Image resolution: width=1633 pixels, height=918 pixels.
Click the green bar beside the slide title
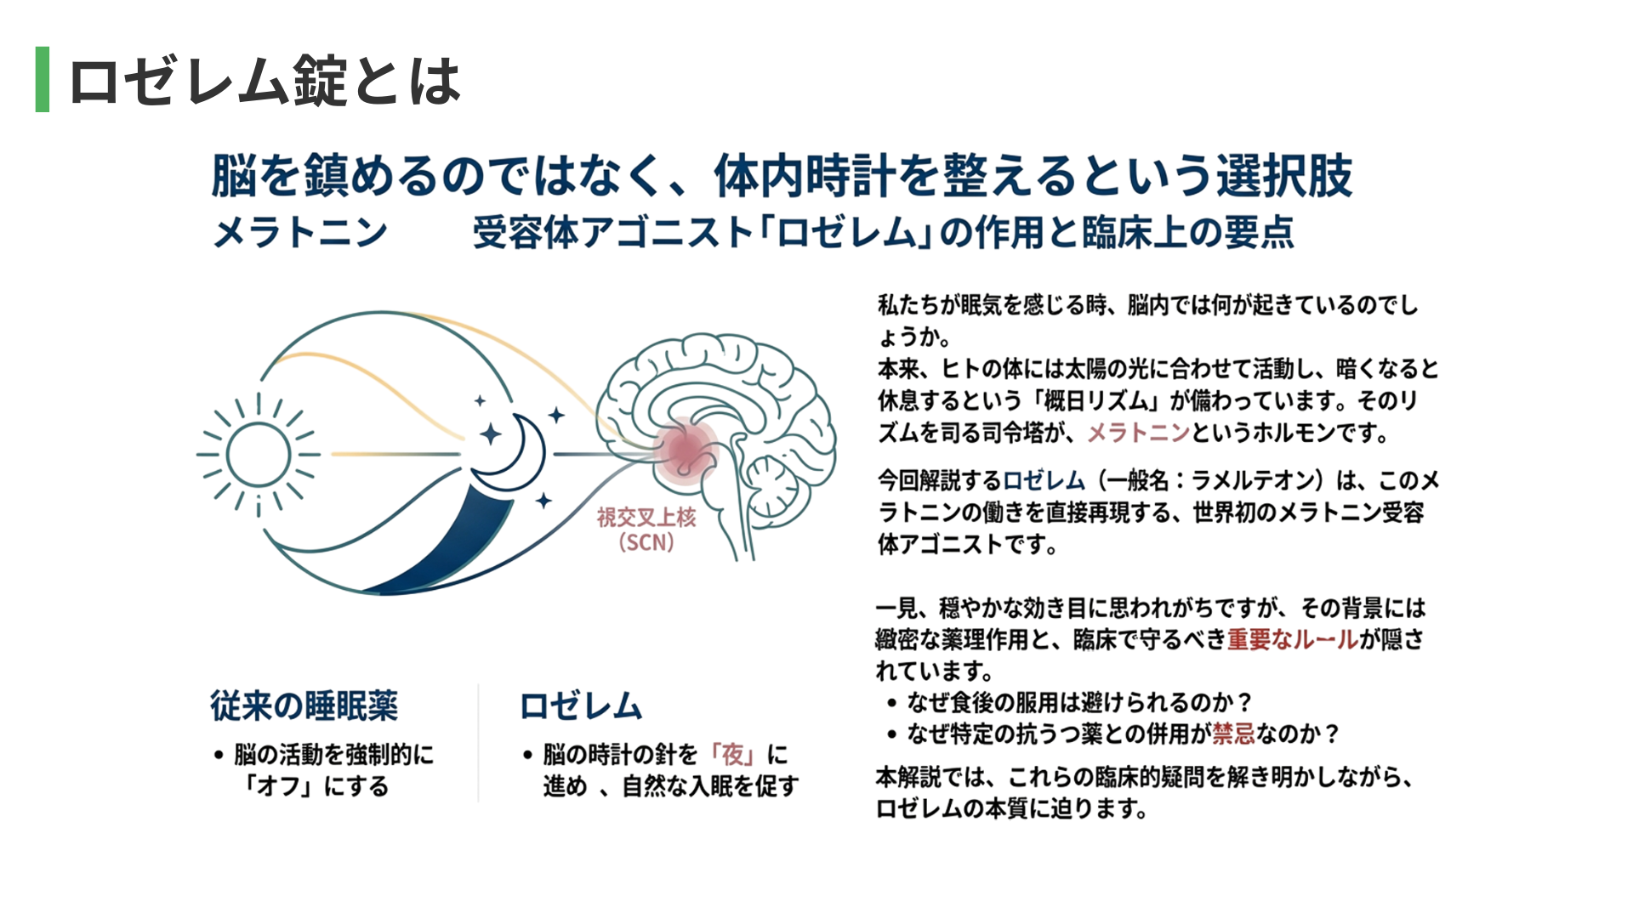(x=43, y=79)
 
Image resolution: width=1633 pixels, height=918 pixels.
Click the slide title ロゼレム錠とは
(x=265, y=81)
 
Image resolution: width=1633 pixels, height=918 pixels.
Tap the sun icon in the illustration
(x=259, y=455)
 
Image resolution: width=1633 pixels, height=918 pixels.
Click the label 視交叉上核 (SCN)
(x=646, y=530)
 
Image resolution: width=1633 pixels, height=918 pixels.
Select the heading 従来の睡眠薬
(x=304, y=705)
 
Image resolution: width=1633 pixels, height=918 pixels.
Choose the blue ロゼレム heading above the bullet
(x=581, y=705)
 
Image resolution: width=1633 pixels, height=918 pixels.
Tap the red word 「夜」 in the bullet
(x=732, y=754)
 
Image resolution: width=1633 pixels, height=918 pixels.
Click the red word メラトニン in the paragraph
(x=1139, y=433)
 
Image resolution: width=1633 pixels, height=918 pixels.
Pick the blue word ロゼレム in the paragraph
(x=1044, y=480)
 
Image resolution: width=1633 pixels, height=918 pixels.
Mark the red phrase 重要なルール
(x=1293, y=639)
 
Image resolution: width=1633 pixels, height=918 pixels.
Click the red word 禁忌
(x=1234, y=733)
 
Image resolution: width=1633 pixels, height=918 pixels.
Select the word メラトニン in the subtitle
(x=300, y=232)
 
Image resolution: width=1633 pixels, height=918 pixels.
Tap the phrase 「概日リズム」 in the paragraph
(x=1094, y=400)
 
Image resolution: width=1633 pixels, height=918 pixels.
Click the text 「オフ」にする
(x=316, y=785)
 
